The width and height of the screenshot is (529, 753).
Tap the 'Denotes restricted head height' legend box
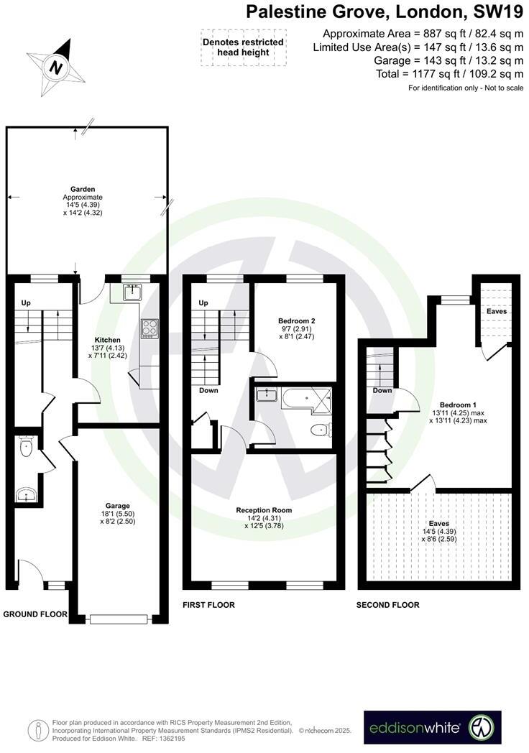(244, 47)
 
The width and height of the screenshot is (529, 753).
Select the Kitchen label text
(108, 339)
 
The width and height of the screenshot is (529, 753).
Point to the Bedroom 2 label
(297, 320)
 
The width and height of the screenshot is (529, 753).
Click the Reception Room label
(264, 510)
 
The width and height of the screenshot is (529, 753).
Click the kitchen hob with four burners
(150, 328)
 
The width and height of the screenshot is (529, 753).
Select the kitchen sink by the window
(132, 292)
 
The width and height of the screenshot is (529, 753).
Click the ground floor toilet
(26, 447)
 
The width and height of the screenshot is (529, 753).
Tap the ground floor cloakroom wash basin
(27, 494)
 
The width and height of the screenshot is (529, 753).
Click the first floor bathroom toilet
(319, 430)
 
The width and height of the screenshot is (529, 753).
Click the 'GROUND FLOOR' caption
(35, 614)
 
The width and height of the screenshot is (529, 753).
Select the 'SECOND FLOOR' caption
(387, 605)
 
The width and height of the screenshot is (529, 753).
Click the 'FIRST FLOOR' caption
(208, 605)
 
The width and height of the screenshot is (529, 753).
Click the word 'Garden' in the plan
(83, 189)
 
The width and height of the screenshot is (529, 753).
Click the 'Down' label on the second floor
(382, 391)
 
